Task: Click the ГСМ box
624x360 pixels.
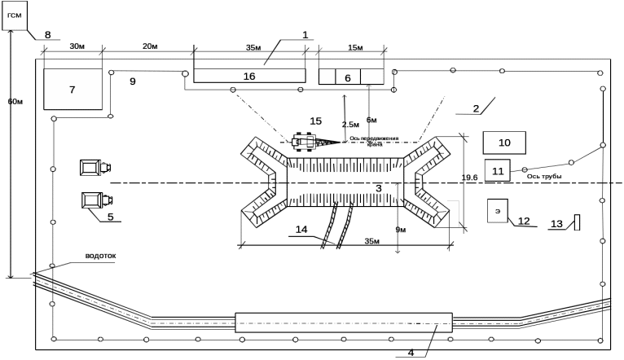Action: (15, 15)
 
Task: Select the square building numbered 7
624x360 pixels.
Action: (73, 90)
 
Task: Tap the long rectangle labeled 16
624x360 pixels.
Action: (249, 76)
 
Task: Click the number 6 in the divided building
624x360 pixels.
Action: (348, 77)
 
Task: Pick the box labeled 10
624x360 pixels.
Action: (504, 143)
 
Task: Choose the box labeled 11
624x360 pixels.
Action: (498, 171)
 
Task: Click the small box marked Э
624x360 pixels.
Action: (497, 211)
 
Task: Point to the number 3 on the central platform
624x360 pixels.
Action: (378, 187)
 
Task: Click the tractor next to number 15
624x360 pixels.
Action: (307, 143)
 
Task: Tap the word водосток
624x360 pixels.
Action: (101, 256)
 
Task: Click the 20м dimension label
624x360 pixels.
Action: (150, 46)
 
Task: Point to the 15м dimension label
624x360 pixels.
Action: (354, 48)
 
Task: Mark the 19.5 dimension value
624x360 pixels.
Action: (469, 178)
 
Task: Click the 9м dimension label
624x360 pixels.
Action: (402, 230)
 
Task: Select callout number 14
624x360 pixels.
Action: (301, 230)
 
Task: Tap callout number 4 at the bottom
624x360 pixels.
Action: (411, 353)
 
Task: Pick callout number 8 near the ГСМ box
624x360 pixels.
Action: (47, 35)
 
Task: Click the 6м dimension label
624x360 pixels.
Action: (371, 121)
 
